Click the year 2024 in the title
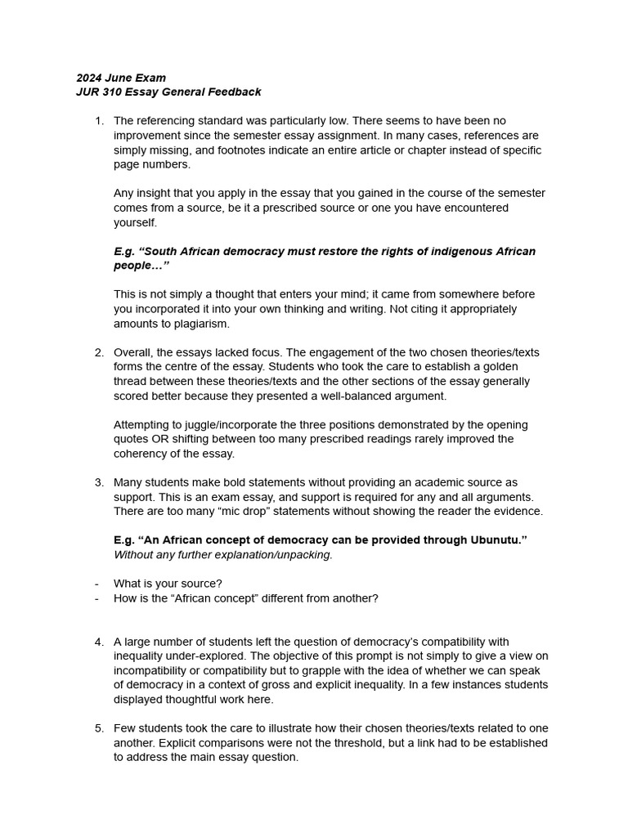point(89,78)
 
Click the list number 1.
point(99,121)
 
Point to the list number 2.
point(99,352)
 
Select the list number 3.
point(99,482)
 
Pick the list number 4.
point(99,642)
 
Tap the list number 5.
point(99,728)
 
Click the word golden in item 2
point(513,367)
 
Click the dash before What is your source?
point(96,584)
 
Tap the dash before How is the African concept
point(96,598)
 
